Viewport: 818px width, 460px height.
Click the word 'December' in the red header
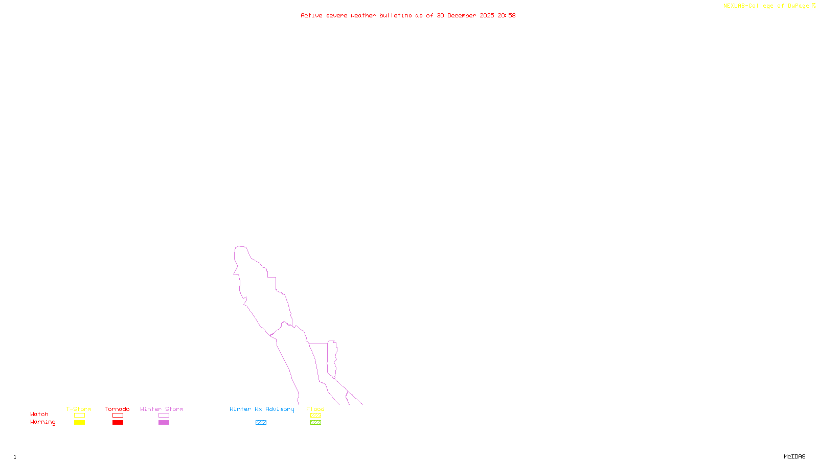462,15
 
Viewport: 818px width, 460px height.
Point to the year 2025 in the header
487,15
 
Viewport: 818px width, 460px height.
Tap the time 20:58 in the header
507,15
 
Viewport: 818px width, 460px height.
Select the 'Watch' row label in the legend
39,414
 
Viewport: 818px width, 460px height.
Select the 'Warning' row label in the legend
42,422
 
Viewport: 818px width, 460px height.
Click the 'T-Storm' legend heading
79,409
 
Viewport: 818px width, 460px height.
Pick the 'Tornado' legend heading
117,409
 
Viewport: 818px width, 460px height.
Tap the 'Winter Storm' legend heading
162,409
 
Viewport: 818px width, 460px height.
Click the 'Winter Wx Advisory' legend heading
262,409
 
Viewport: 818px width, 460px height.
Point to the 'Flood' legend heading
315,409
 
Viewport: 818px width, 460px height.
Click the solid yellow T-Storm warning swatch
79,423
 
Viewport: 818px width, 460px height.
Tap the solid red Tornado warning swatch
118,423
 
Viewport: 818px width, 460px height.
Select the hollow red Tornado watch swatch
118,416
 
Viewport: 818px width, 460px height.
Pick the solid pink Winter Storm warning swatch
164,423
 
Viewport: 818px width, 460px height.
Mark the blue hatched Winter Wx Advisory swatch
261,423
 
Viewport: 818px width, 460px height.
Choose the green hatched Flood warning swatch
315,423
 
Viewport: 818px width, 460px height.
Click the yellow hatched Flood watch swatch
315,416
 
